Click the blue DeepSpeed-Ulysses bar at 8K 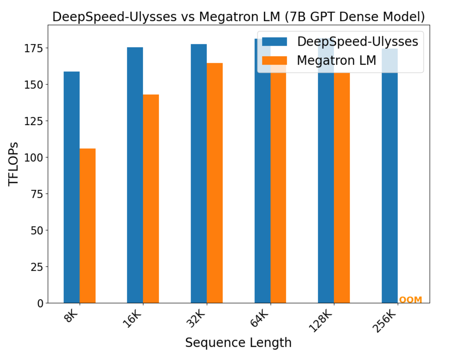[72, 187]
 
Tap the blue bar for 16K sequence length [135, 175]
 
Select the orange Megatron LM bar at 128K [342, 187]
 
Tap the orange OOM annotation [410, 300]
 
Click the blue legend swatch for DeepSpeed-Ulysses [274, 42]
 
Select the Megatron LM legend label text [336, 60]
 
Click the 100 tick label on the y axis [33, 157]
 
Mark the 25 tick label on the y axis [37, 267]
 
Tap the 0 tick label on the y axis [40, 303]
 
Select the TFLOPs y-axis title [13, 164]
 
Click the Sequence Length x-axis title [238, 343]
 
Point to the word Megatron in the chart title [223, 17]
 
